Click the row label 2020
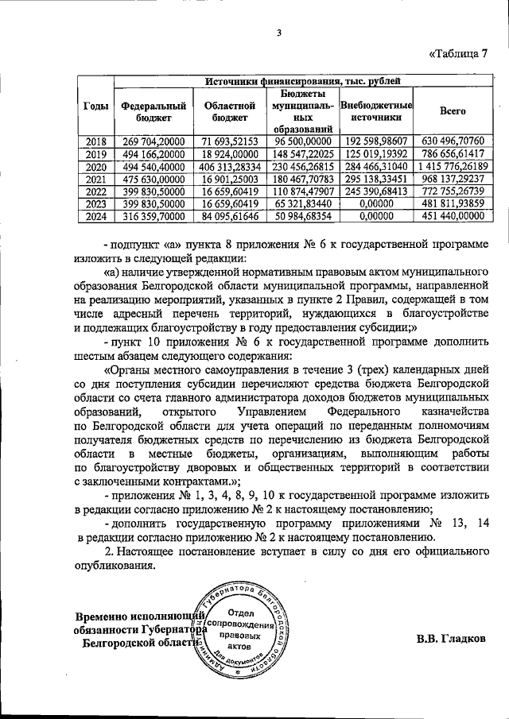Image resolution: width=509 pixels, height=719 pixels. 96,167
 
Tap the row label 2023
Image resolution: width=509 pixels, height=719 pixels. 96,206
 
